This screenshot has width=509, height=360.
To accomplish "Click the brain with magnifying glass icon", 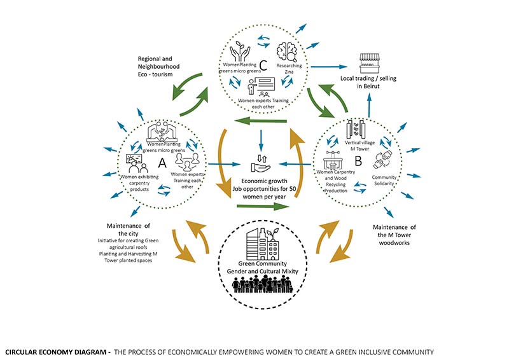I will pyautogui.click(x=288, y=52).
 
